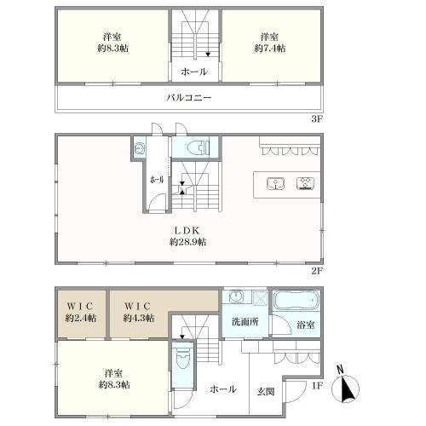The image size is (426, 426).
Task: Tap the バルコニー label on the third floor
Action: click(x=189, y=98)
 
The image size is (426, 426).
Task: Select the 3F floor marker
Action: click(x=317, y=118)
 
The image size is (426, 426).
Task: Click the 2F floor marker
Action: click(x=317, y=271)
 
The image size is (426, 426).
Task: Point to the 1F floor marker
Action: click(x=317, y=385)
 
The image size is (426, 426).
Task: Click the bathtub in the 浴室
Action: click(x=296, y=301)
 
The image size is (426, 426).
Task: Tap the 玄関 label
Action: click(x=266, y=392)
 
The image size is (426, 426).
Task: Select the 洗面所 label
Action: click(x=245, y=322)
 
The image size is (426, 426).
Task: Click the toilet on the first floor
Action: click(x=183, y=360)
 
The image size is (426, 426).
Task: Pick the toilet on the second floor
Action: click(x=199, y=147)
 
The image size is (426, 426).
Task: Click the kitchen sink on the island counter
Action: click(x=275, y=183)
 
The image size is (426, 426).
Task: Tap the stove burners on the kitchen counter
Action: click(x=305, y=183)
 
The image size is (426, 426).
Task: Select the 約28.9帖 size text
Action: click(x=188, y=242)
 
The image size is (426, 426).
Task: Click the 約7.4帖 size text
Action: click(x=269, y=49)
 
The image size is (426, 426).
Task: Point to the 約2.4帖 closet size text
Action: click(x=81, y=318)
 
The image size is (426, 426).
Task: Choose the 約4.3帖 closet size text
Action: click(x=139, y=318)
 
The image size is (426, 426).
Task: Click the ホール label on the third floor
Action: click(x=194, y=72)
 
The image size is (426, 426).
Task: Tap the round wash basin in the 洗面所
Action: click(x=235, y=297)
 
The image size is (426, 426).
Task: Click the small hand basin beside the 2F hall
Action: click(x=139, y=148)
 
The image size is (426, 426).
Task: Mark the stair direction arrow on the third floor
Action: click(x=208, y=55)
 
